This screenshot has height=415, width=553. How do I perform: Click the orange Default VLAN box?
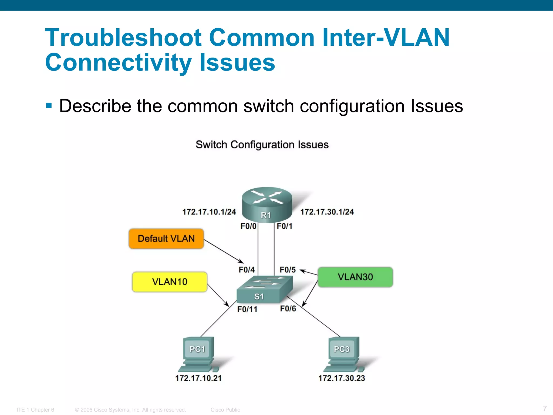(x=166, y=239)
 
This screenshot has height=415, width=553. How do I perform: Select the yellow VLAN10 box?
(x=170, y=282)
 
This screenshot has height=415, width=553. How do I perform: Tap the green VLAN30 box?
(x=355, y=277)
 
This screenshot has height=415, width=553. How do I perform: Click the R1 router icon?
(x=267, y=205)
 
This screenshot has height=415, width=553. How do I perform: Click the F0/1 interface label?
(x=285, y=226)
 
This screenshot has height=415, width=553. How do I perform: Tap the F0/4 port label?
(x=247, y=270)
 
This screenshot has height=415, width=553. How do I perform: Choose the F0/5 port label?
(x=288, y=270)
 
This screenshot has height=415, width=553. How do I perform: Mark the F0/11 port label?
(x=247, y=309)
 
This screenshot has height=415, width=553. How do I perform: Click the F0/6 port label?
(x=288, y=309)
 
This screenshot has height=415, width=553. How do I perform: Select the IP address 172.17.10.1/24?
(x=209, y=212)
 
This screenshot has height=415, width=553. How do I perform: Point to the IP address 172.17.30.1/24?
(x=327, y=212)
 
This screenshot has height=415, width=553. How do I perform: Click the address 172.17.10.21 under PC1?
(x=198, y=378)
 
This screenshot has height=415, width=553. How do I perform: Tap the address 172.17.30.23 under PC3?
(x=342, y=378)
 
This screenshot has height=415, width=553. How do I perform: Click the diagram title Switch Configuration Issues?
(x=262, y=145)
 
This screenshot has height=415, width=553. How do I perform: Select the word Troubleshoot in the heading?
(x=123, y=38)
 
